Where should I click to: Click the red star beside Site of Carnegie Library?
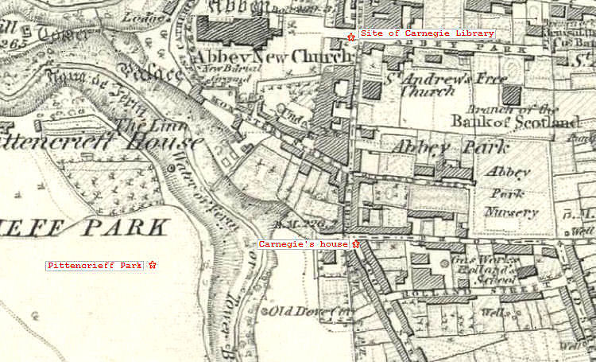pyautogui.click(x=351, y=35)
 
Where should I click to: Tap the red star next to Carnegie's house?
pyautogui.click(x=356, y=244)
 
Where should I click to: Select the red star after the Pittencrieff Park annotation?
pyautogui.click(x=153, y=265)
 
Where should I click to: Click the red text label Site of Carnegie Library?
pyautogui.click(x=427, y=33)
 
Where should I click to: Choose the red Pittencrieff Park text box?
pyautogui.click(x=95, y=265)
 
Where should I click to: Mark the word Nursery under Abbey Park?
pyautogui.click(x=513, y=212)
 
